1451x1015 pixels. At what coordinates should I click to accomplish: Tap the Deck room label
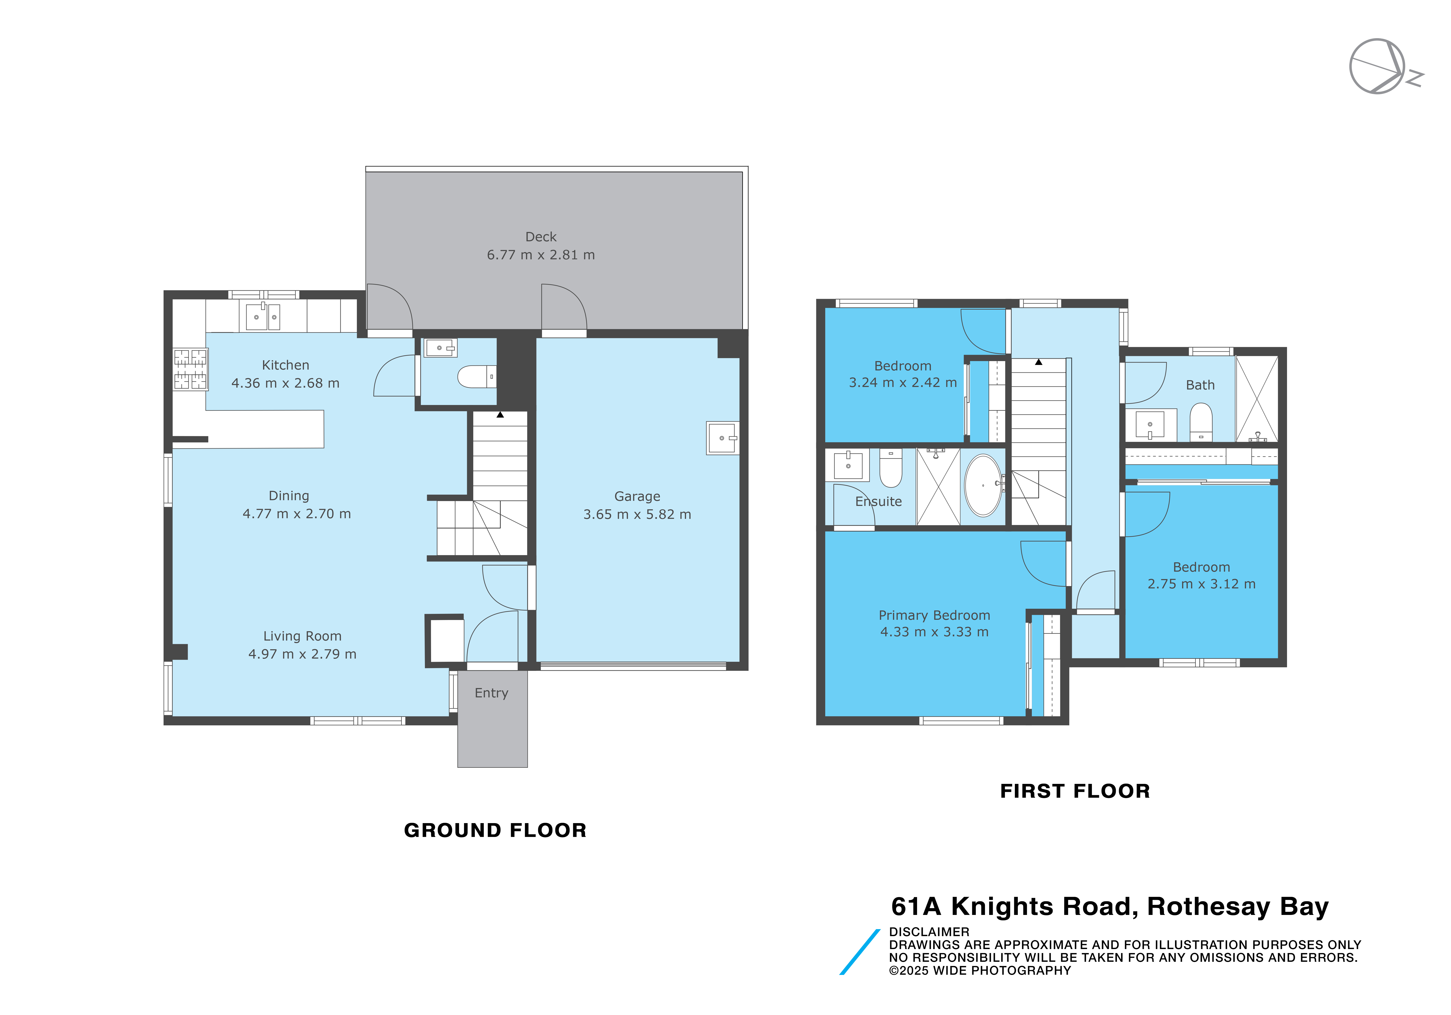541,237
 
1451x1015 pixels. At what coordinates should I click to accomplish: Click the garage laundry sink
722,438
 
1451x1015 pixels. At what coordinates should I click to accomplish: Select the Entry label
492,694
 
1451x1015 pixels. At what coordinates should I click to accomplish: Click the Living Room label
302,636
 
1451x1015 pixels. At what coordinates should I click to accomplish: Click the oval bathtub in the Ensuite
983,485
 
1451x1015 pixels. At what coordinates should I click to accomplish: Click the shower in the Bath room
1256,399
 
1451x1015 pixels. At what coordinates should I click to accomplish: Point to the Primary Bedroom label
934,615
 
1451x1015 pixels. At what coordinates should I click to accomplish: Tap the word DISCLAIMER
929,932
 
